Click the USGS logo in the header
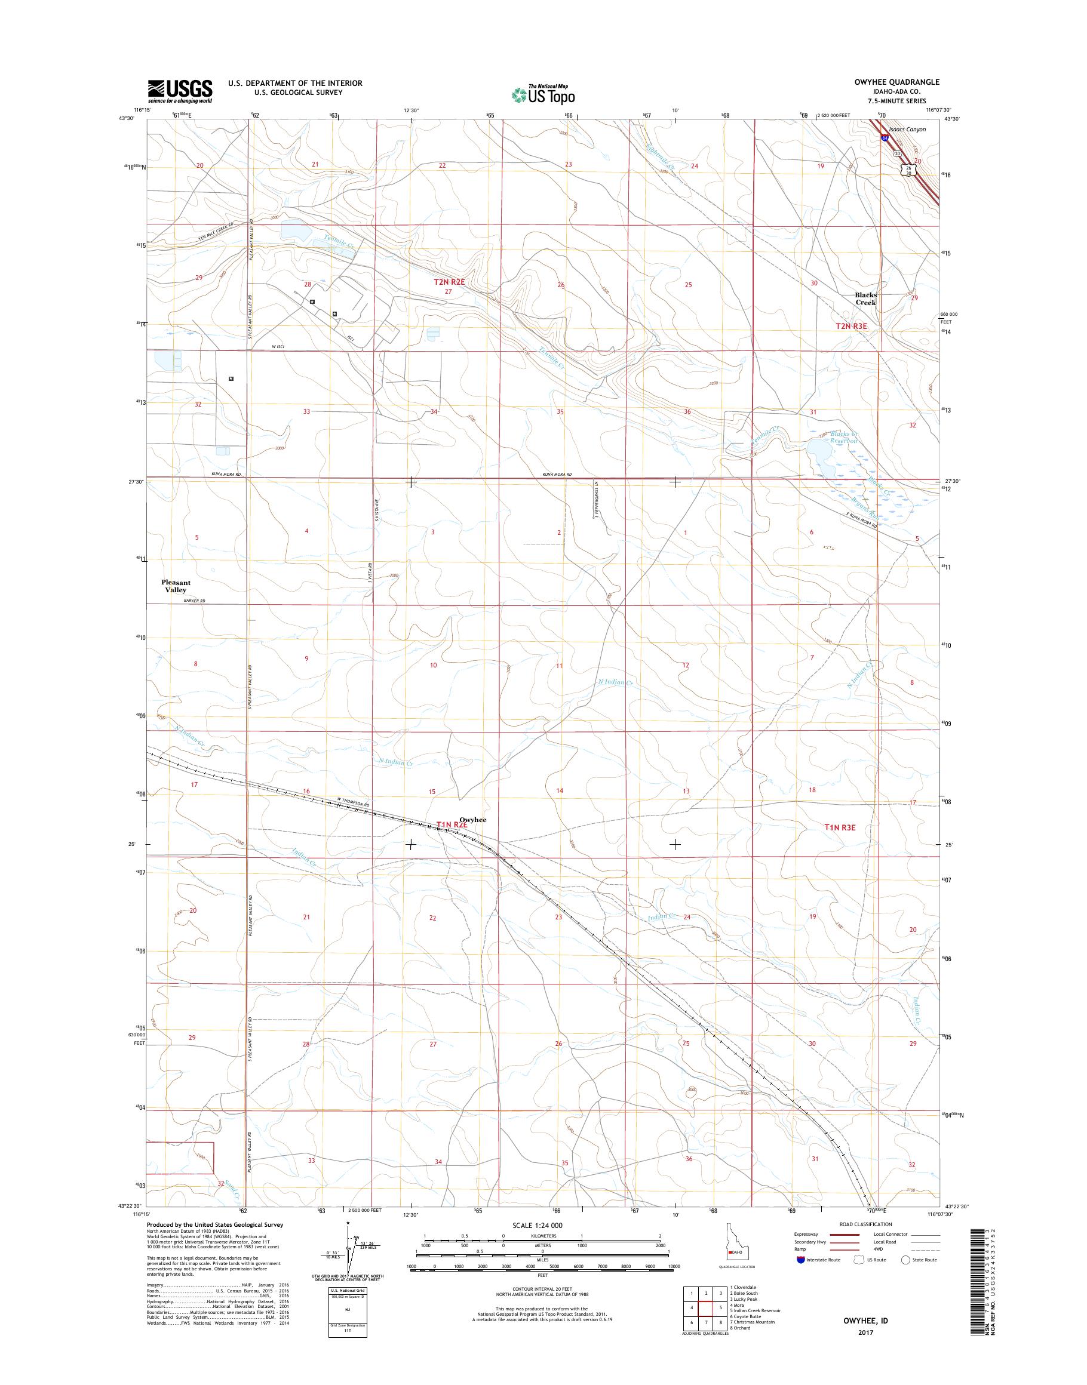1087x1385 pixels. coord(180,91)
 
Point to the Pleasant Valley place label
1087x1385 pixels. coord(176,586)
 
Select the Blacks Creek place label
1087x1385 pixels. coord(865,298)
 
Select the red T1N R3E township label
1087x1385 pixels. coord(840,827)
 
